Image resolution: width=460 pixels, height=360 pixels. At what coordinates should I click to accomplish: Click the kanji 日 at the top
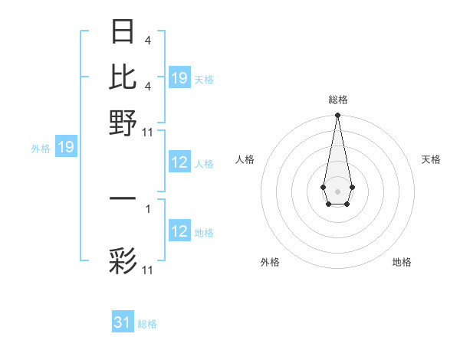click(123, 32)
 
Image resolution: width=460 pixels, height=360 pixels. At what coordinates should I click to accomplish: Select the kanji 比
click(123, 77)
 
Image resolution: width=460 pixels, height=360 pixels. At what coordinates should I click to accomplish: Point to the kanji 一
click(123, 198)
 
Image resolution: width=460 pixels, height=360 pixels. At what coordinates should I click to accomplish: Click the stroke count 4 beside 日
click(148, 41)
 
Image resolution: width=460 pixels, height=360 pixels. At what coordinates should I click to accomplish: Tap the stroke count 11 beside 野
click(148, 132)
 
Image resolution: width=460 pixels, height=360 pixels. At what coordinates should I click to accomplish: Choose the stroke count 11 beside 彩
click(148, 270)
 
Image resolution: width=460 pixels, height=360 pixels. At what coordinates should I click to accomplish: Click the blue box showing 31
click(123, 322)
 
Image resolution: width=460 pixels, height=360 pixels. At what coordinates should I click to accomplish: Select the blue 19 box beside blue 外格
click(66, 148)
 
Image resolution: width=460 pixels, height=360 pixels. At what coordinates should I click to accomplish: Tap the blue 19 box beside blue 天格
click(179, 78)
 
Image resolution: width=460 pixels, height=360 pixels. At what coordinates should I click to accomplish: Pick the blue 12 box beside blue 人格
click(179, 162)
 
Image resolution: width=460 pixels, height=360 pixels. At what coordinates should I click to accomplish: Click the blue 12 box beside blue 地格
click(179, 231)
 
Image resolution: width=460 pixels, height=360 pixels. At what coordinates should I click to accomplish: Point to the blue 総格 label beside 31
click(147, 324)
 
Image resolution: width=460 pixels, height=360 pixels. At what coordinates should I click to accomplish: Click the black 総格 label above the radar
click(337, 100)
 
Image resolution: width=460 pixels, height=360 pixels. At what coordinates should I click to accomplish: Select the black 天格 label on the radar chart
click(431, 159)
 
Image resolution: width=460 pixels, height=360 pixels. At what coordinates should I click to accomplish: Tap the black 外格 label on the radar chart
click(270, 262)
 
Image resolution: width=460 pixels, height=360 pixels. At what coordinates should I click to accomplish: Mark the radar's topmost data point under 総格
click(337, 116)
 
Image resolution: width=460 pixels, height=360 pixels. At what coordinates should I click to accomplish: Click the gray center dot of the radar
click(337, 190)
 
